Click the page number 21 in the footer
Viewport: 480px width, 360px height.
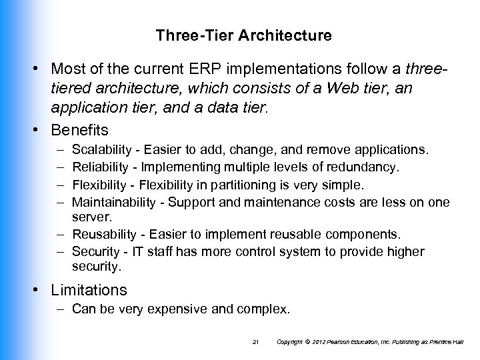255,342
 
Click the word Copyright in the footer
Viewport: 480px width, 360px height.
291,342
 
